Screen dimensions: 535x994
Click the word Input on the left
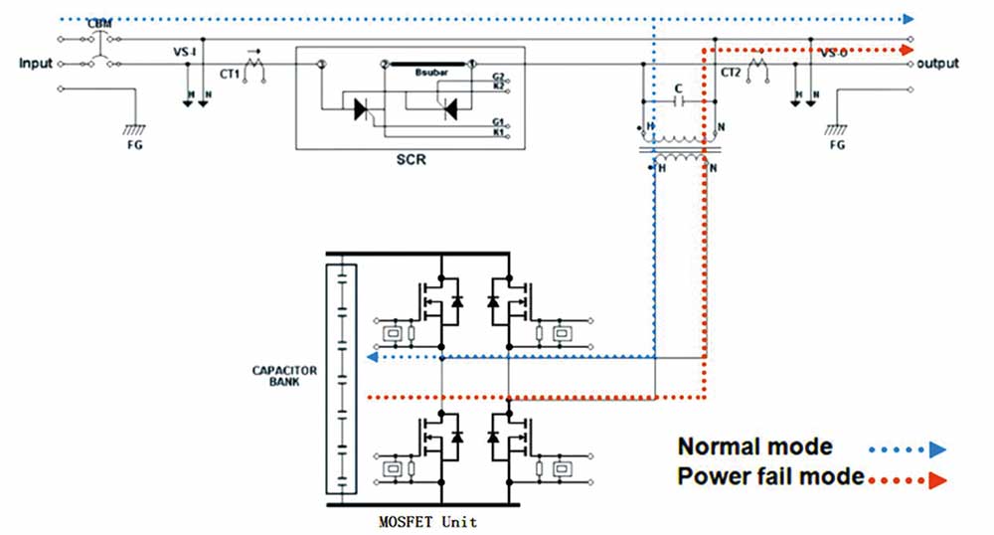tap(35, 64)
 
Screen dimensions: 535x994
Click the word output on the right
tap(938, 64)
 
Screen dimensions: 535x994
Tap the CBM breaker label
tap(99, 23)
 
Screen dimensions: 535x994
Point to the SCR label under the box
tap(411, 159)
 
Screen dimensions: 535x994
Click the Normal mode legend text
tap(755, 446)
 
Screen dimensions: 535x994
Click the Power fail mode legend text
tap(771, 476)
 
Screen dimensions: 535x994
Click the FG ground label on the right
tap(837, 143)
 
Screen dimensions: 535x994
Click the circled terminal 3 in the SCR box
tap(322, 64)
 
